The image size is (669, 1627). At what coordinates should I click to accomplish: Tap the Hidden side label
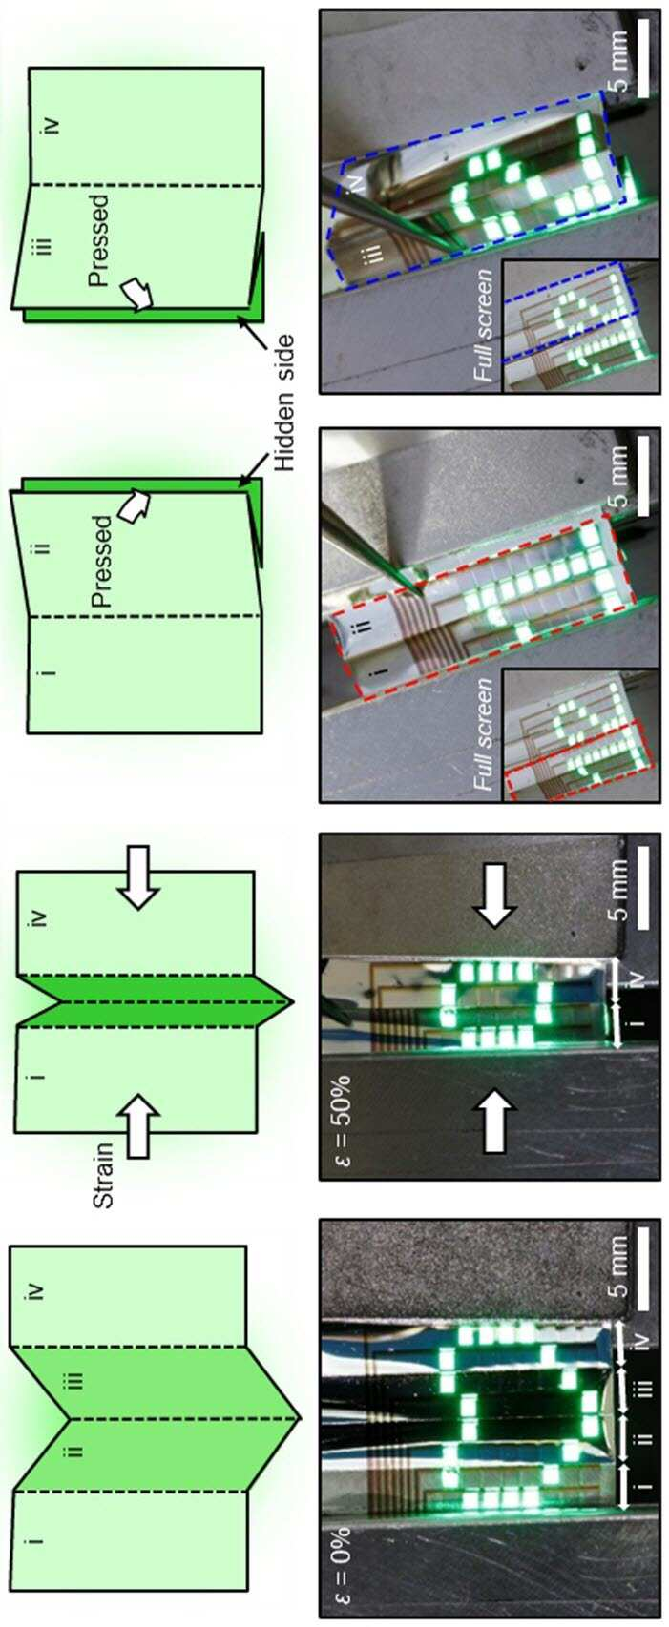pos(284,402)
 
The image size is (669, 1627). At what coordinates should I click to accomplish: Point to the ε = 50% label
pos(342,1120)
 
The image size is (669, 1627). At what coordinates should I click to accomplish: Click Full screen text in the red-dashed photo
pos(484,734)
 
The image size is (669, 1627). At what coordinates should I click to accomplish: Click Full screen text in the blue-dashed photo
pos(484,324)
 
